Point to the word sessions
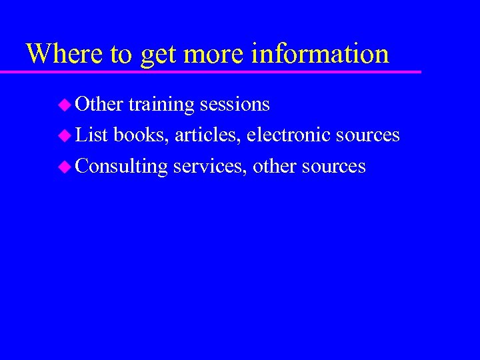point(235,105)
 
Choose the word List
point(92,135)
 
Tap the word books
point(141,135)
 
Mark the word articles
point(208,135)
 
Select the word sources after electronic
point(367,135)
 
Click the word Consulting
point(121,166)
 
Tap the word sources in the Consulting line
point(333,166)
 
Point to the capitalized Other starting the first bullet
point(99,105)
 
